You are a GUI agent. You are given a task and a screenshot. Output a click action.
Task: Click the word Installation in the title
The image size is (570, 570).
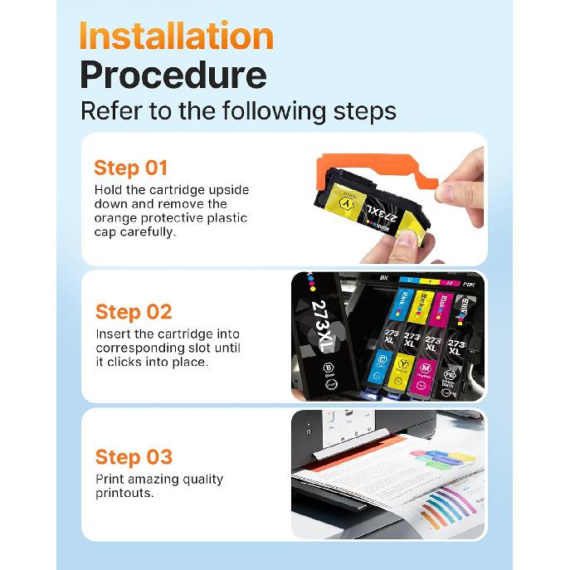point(176,37)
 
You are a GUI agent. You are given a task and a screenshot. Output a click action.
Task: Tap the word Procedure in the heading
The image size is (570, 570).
point(173,76)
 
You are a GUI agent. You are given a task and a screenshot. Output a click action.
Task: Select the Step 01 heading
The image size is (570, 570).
point(130,168)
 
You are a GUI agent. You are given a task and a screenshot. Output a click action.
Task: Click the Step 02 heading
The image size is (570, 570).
point(134,312)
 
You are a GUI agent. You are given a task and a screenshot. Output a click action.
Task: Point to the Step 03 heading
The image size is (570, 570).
point(134,456)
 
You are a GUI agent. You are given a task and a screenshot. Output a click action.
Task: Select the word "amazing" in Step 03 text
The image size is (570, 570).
point(153,479)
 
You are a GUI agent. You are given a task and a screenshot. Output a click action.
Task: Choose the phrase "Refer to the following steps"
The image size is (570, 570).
point(238,110)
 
